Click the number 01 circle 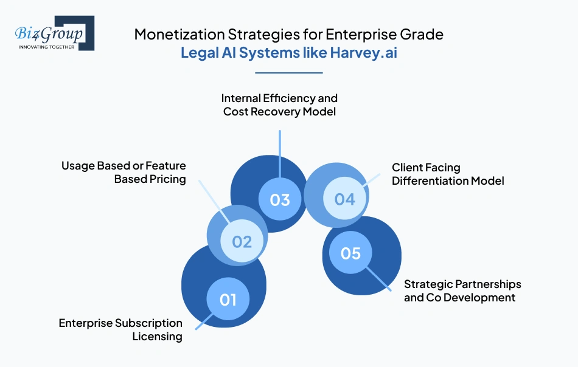pos(228,299)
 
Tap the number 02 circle pos(242,241)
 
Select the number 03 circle pos(280,199)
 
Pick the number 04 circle pos(344,199)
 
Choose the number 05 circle pos(350,253)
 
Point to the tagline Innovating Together pos(46,46)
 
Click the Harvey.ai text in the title pos(364,52)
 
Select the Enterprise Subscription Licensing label pos(120,329)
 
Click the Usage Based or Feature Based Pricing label pos(124,172)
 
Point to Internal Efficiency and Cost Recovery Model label pos(279,105)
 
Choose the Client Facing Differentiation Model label pos(448,174)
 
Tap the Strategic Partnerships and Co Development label pos(462,290)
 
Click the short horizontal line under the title pos(288,73)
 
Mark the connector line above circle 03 pos(280,155)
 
